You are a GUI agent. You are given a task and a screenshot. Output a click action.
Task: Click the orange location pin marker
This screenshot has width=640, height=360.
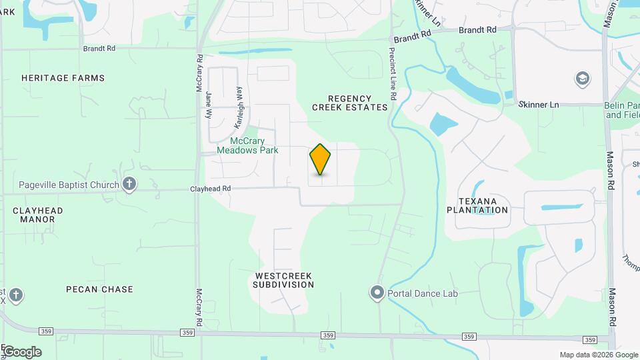321,159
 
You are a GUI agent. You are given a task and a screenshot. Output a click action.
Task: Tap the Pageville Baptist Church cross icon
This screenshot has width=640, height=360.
129,184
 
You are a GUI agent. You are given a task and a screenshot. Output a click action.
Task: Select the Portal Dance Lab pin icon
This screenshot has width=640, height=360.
377,293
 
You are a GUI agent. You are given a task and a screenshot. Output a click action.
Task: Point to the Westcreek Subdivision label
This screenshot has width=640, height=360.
283,280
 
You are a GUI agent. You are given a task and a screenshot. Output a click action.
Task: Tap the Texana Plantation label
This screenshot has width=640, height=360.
483,205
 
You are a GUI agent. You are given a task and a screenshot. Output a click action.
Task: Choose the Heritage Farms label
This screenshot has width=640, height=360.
63,78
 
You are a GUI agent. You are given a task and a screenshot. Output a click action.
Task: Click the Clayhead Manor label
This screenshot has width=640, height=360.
38,215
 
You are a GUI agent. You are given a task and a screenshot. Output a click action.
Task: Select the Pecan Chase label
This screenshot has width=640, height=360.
99,289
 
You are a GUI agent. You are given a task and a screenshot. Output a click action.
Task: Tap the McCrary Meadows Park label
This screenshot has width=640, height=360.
254,145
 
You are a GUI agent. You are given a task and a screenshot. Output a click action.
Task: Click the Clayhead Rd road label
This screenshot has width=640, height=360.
210,189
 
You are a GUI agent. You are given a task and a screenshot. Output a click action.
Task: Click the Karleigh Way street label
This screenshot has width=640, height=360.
239,107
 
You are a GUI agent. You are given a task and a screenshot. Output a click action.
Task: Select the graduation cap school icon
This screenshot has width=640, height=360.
582,79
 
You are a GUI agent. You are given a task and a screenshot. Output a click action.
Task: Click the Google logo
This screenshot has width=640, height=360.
21,352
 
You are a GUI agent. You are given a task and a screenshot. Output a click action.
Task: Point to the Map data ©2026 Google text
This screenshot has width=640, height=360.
598,355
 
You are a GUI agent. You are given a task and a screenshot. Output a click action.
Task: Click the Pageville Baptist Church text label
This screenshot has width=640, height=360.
69,185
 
